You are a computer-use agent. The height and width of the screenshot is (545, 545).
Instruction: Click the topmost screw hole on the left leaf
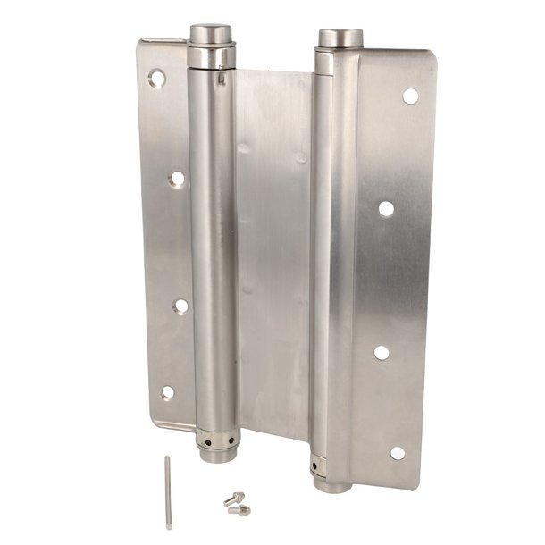[156, 79]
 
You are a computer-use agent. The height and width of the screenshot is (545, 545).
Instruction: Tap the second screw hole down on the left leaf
[177, 178]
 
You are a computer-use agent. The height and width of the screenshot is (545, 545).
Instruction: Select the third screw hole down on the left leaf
[180, 306]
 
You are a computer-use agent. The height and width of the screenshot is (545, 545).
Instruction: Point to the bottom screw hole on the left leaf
[167, 392]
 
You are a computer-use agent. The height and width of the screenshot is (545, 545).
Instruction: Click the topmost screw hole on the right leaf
[410, 96]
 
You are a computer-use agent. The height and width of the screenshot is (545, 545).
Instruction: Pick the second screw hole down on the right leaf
[386, 208]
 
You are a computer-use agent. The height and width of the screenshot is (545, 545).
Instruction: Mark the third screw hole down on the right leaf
[381, 352]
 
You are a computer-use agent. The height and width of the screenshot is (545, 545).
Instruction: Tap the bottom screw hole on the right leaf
[398, 452]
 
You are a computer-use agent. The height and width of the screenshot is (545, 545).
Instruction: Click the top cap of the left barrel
[211, 34]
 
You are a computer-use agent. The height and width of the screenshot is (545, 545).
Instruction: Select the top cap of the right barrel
[340, 38]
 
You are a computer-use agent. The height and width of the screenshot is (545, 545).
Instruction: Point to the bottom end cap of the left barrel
[217, 454]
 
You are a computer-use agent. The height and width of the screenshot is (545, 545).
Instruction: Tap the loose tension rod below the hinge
[168, 491]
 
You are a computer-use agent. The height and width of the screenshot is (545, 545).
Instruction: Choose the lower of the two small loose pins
[239, 510]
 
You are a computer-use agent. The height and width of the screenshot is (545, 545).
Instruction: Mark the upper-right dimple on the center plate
[301, 157]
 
